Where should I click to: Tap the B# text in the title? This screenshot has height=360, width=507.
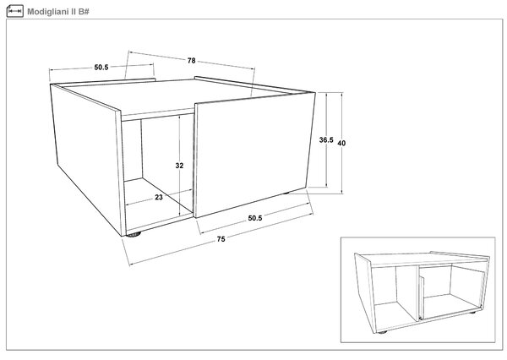pos(84,12)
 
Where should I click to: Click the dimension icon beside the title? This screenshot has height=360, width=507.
pos(15,11)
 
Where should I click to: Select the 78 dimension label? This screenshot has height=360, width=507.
pos(192,61)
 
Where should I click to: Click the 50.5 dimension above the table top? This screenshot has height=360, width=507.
pos(101,68)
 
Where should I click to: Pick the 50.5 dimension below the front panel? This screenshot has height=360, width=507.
pos(255,218)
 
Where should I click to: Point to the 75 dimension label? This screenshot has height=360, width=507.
pos(221,239)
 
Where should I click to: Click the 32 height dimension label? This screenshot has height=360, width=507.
pos(179,166)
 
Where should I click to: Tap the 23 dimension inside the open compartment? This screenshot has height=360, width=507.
pos(159,197)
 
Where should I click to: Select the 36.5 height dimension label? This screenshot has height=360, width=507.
pos(326,140)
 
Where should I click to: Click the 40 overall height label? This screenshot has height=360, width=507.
pos(341,143)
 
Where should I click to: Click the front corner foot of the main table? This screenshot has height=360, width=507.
pos(134,234)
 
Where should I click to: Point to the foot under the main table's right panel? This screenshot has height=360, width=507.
pos(285,194)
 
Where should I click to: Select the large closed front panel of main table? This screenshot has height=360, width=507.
pos(253,155)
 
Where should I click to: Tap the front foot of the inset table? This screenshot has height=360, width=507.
pos(382,332)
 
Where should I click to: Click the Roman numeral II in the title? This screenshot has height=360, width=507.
pos(73,12)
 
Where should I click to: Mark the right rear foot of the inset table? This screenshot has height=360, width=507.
pos(472,313)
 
